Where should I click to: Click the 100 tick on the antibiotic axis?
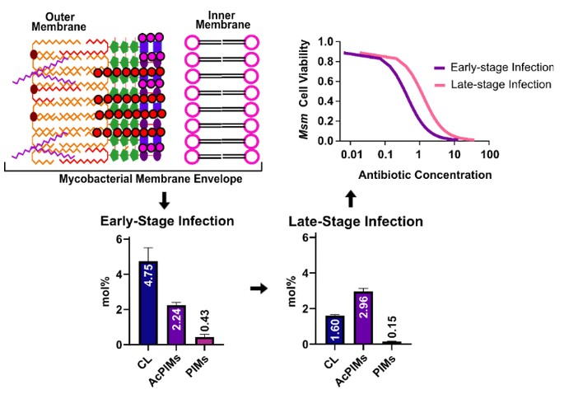[489, 154]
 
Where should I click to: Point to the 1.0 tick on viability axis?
[325, 41]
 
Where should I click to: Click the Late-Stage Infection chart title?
[355, 222]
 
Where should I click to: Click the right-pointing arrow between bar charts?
[258, 289]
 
